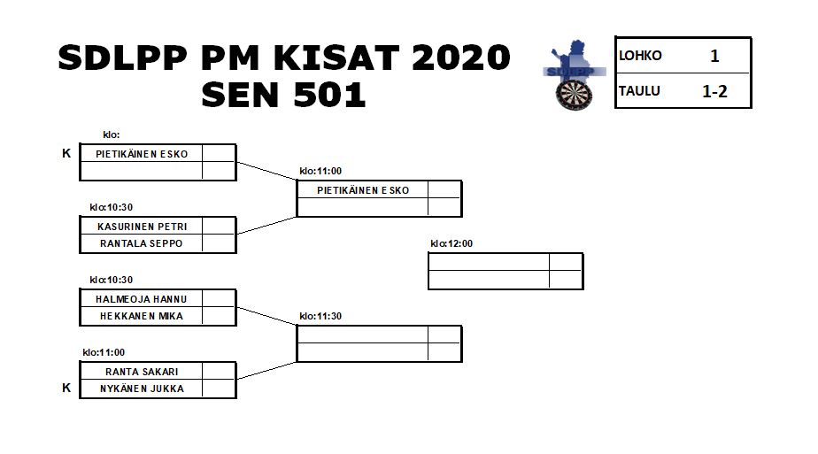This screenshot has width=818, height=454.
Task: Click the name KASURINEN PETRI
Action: tap(142, 227)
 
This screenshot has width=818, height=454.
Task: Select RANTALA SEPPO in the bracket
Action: tap(142, 243)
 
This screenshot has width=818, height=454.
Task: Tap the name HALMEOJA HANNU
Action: tap(142, 299)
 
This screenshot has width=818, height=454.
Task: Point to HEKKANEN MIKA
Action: tap(142, 316)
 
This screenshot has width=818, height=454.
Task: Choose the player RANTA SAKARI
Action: tap(142, 372)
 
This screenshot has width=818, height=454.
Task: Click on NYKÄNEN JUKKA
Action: tap(142, 389)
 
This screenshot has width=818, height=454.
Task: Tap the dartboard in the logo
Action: tap(575, 96)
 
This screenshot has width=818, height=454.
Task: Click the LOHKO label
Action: tap(640, 55)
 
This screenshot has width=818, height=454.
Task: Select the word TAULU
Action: tap(639, 91)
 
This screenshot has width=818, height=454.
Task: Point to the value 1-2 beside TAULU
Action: tap(714, 92)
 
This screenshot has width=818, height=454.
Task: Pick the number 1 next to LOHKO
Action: tap(714, 56)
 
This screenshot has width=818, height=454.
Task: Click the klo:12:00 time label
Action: tap(451, 243)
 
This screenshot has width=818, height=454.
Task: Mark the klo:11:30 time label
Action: tap(320, 316)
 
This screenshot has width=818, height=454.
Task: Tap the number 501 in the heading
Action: tap(329, 95)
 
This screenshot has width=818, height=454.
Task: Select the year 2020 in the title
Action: tap(460, 58)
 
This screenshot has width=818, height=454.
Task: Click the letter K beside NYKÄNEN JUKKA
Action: tap(66, 388)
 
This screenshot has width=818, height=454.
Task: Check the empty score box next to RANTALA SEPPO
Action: tap(219, 243)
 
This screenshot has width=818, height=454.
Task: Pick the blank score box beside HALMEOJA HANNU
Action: tap(219, 298)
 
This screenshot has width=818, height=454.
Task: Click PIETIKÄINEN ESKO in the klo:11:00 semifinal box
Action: tap(363, 190)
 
